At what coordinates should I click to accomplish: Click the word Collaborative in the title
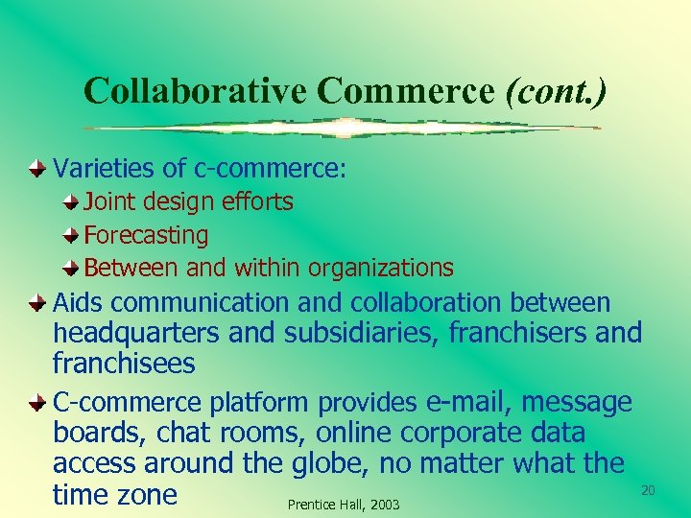(x=195, y=91)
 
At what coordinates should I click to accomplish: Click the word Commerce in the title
(x=407, y=91)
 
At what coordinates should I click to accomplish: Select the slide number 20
(x=648, y=490)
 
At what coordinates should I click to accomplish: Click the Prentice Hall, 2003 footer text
(x=343, y=505)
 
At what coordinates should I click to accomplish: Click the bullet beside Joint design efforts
(x=73, y=202)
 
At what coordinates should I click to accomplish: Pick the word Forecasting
(x=146, y=235)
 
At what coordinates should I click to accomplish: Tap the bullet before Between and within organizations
(x=73, y=268)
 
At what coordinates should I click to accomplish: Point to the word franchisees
(x=124, y=365)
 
